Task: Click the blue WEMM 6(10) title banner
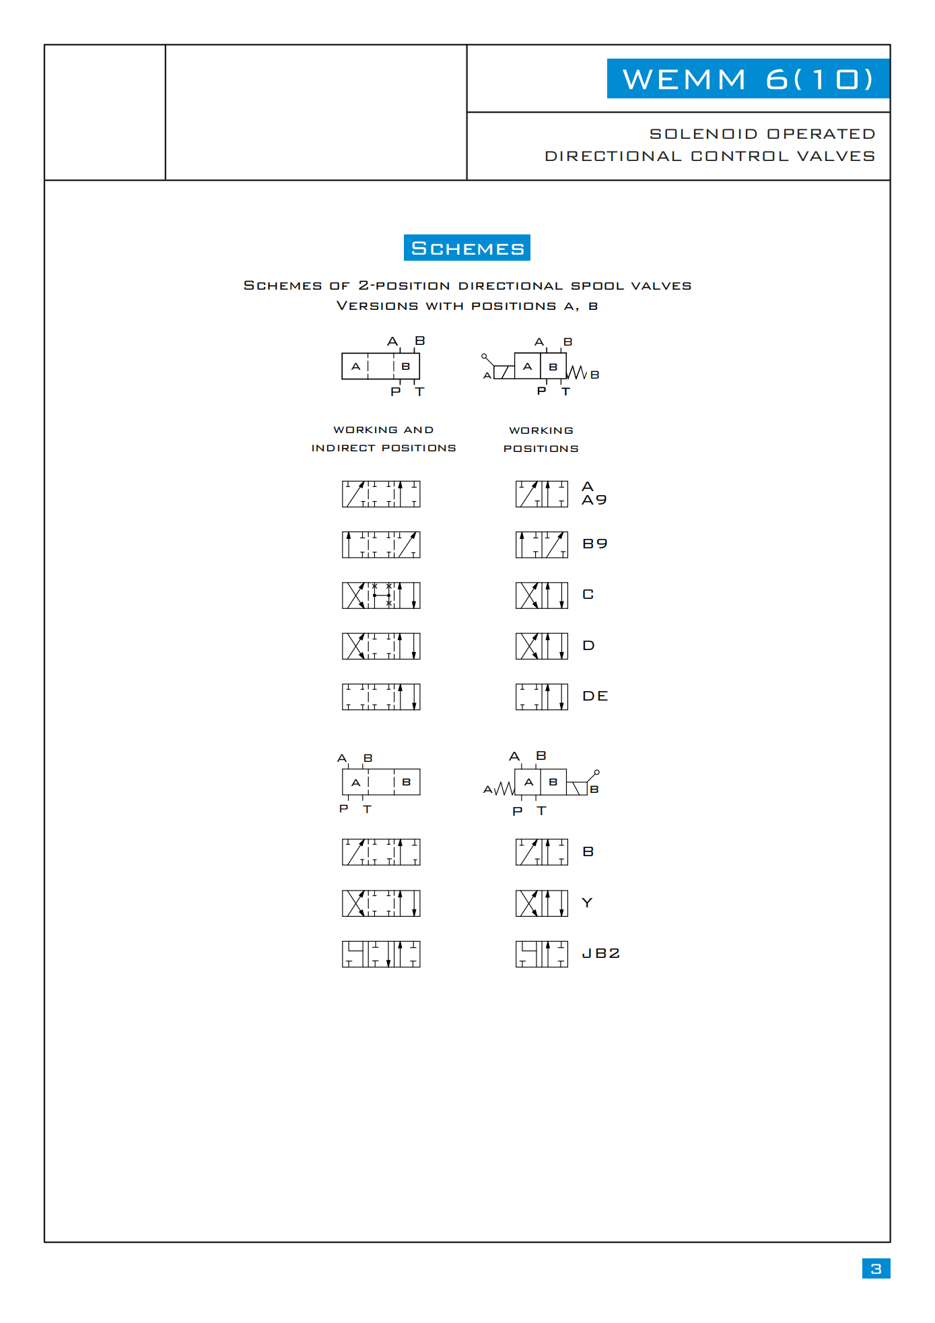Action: (748, 79)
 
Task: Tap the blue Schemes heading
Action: (467, 248)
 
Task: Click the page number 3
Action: (876, 1268)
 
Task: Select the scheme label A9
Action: (594, 500)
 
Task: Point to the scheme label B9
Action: (595, 544)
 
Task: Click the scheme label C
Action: (588, 594)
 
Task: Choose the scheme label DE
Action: (595, 696)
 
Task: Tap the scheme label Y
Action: (587, 903)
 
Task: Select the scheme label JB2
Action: (600, 953)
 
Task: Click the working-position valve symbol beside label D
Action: (542, 646)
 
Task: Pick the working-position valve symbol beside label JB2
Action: (542, 954)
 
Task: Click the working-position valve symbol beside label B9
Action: (542, 544)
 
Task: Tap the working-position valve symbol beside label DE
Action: (542, 697)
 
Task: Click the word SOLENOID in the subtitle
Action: (703, 134)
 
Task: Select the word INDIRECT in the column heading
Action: (343, 448)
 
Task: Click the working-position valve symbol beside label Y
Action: (542, 903)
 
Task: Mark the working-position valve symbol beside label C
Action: (542, 595)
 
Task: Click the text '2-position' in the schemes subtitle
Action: (404, 286)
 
